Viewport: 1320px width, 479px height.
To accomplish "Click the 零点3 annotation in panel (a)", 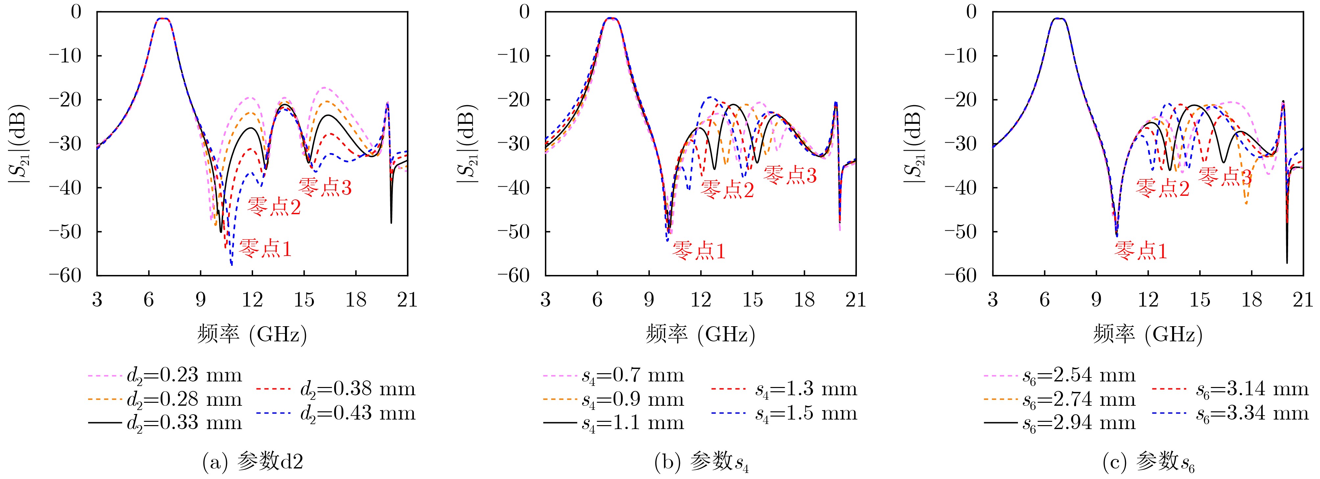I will pyautogui.click(x=325, y=188).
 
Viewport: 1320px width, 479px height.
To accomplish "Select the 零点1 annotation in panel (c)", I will pyautogui.click(x=1141, y=251).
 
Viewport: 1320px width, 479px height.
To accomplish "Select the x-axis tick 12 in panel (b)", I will pyautogui.click(x=700, y=300).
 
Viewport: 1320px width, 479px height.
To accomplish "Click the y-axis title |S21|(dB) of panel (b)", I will pyautogui.click(x=468, y=144).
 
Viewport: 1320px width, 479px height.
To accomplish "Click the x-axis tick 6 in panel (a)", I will pyautogui.click(x=149, y=300).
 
